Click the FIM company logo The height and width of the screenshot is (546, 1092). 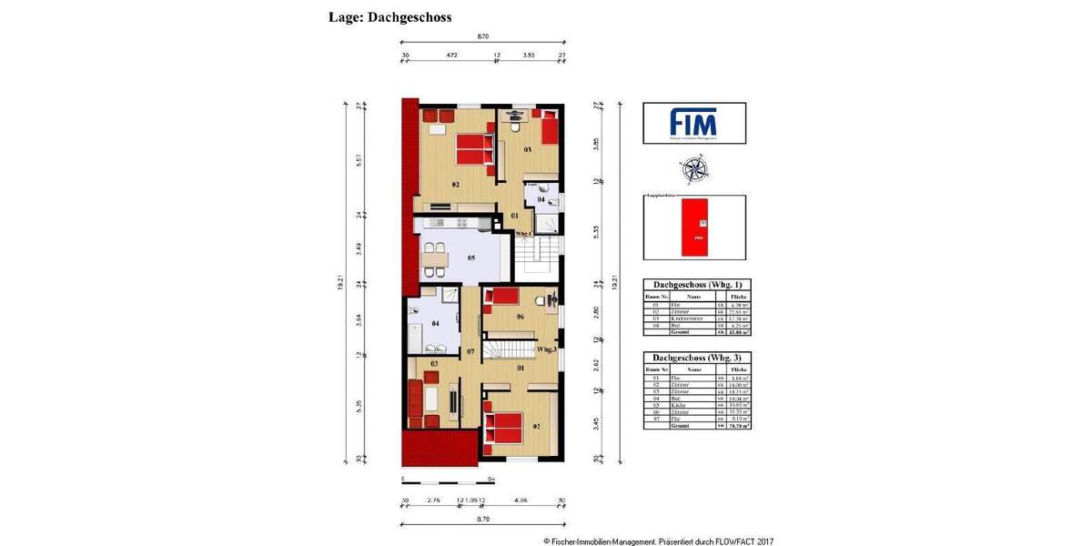(693, 123)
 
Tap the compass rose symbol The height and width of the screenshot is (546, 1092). (693, 169)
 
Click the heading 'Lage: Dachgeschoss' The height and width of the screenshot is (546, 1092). (389, 17)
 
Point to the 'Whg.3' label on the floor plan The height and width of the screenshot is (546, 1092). (546, 349)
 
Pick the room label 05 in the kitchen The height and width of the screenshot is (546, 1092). (471, 258)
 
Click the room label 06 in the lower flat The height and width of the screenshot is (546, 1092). (520, 317)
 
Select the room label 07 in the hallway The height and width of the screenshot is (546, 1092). (470, 351)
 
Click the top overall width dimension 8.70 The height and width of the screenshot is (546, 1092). (483, 37)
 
